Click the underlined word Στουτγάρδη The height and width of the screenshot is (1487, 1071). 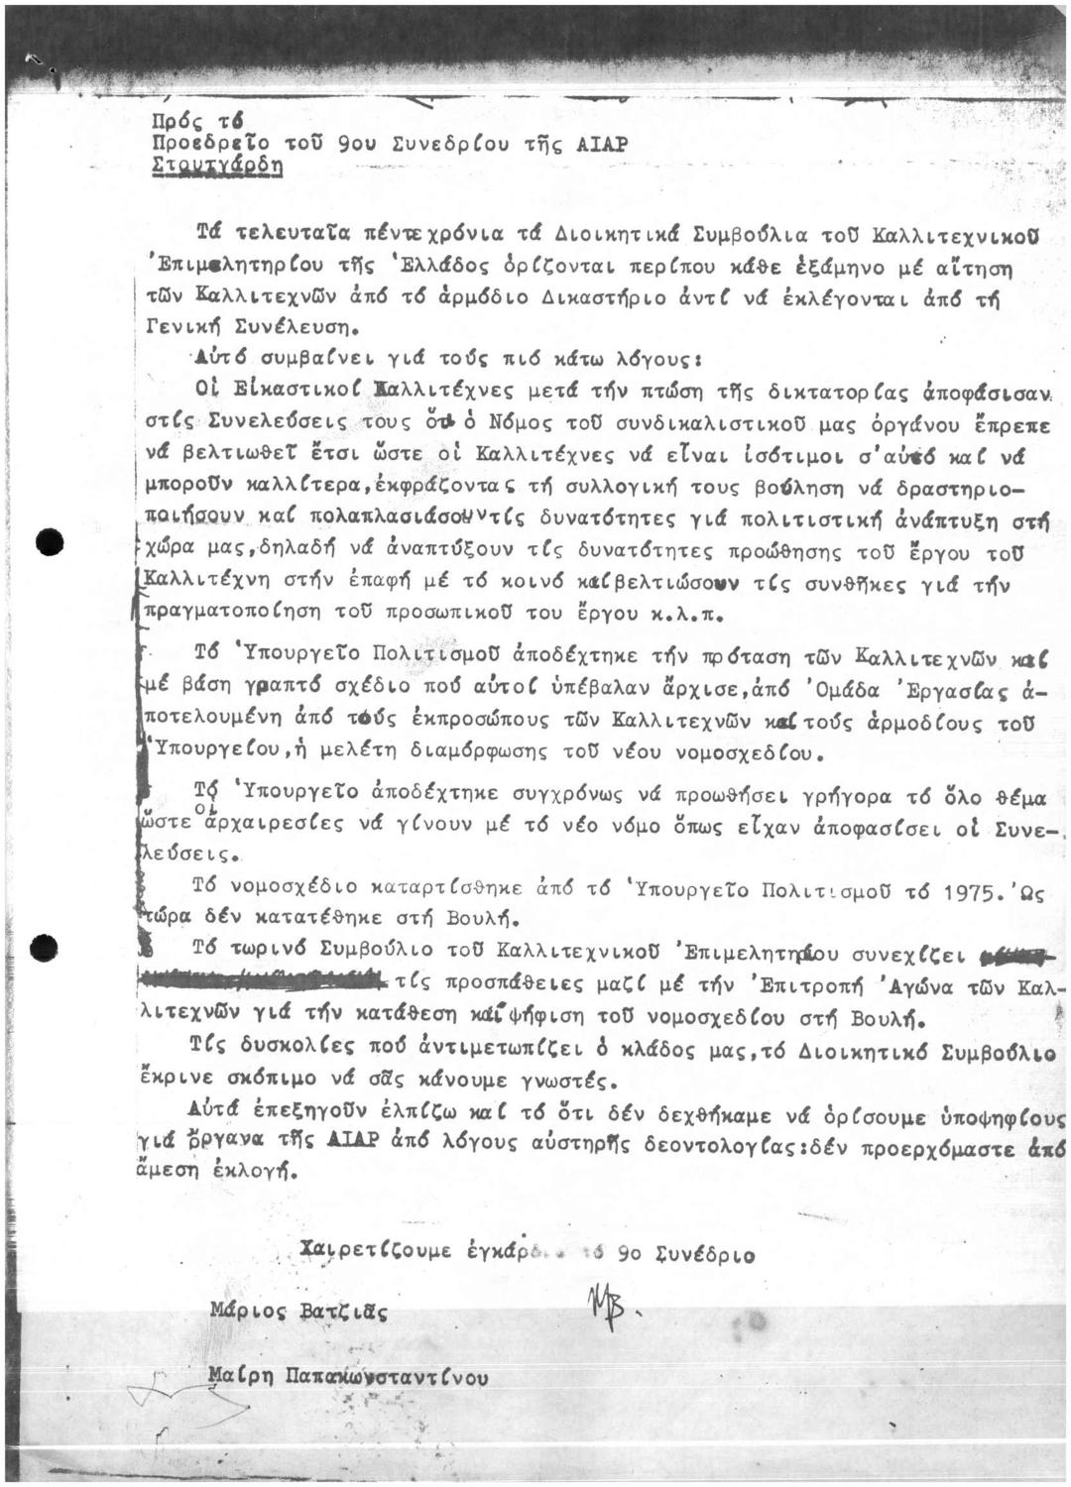coord(217,167)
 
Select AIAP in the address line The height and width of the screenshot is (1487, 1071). coord(601,145)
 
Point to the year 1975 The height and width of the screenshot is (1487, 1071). coord(969,891)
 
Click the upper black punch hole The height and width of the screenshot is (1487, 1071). coord(47,542)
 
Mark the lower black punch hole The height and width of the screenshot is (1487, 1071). coord(45,948)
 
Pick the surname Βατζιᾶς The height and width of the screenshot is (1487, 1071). coord(343,1313)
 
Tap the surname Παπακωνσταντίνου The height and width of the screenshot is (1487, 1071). coord(386,1376)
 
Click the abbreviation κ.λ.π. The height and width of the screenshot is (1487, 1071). coord(693,615)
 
